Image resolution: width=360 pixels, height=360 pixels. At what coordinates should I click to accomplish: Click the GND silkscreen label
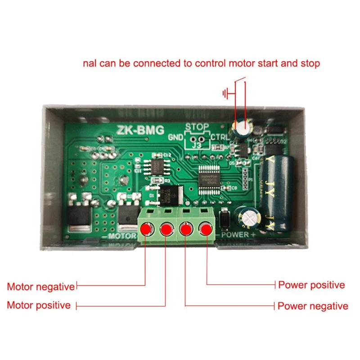click(x=175, y=137)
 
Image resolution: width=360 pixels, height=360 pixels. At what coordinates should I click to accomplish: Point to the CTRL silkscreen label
click(x=219, y=137)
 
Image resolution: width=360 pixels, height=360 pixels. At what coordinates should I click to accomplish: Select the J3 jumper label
click(x=198, y=145)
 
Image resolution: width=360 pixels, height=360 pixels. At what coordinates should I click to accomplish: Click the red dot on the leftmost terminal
click(x=146, y=230)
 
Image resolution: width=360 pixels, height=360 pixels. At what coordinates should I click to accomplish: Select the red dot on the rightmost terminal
click(x=206, y=230)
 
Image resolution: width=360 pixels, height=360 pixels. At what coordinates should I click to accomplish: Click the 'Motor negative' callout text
click(x=40, y=287)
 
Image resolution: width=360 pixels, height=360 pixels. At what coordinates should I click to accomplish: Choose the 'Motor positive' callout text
click(x=39, y=305)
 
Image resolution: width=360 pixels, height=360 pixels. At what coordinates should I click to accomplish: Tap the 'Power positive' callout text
click(x=311, y=285)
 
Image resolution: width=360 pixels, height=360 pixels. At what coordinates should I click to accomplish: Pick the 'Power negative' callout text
click(x=313, y=306)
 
